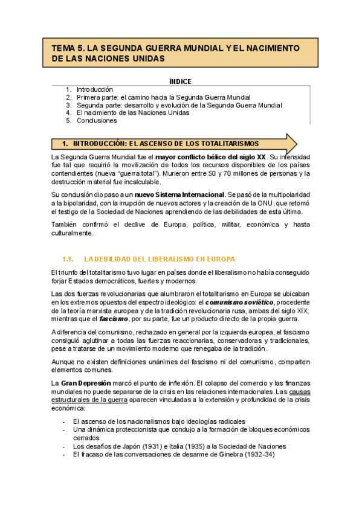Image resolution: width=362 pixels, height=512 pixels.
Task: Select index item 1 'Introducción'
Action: [95, 89]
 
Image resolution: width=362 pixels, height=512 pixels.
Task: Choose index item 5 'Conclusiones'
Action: [97, 120]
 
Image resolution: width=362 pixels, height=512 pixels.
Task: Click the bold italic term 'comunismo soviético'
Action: [240, 302]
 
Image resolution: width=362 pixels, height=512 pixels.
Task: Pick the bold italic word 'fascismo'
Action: [109, 318]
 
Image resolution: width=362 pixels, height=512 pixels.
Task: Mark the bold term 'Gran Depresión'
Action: [90, 383]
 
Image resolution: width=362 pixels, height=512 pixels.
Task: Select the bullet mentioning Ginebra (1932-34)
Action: [173, 455]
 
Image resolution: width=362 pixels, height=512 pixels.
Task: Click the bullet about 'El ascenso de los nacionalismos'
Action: [159, 421]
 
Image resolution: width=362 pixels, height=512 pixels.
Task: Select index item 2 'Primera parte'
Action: [163, 97]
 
